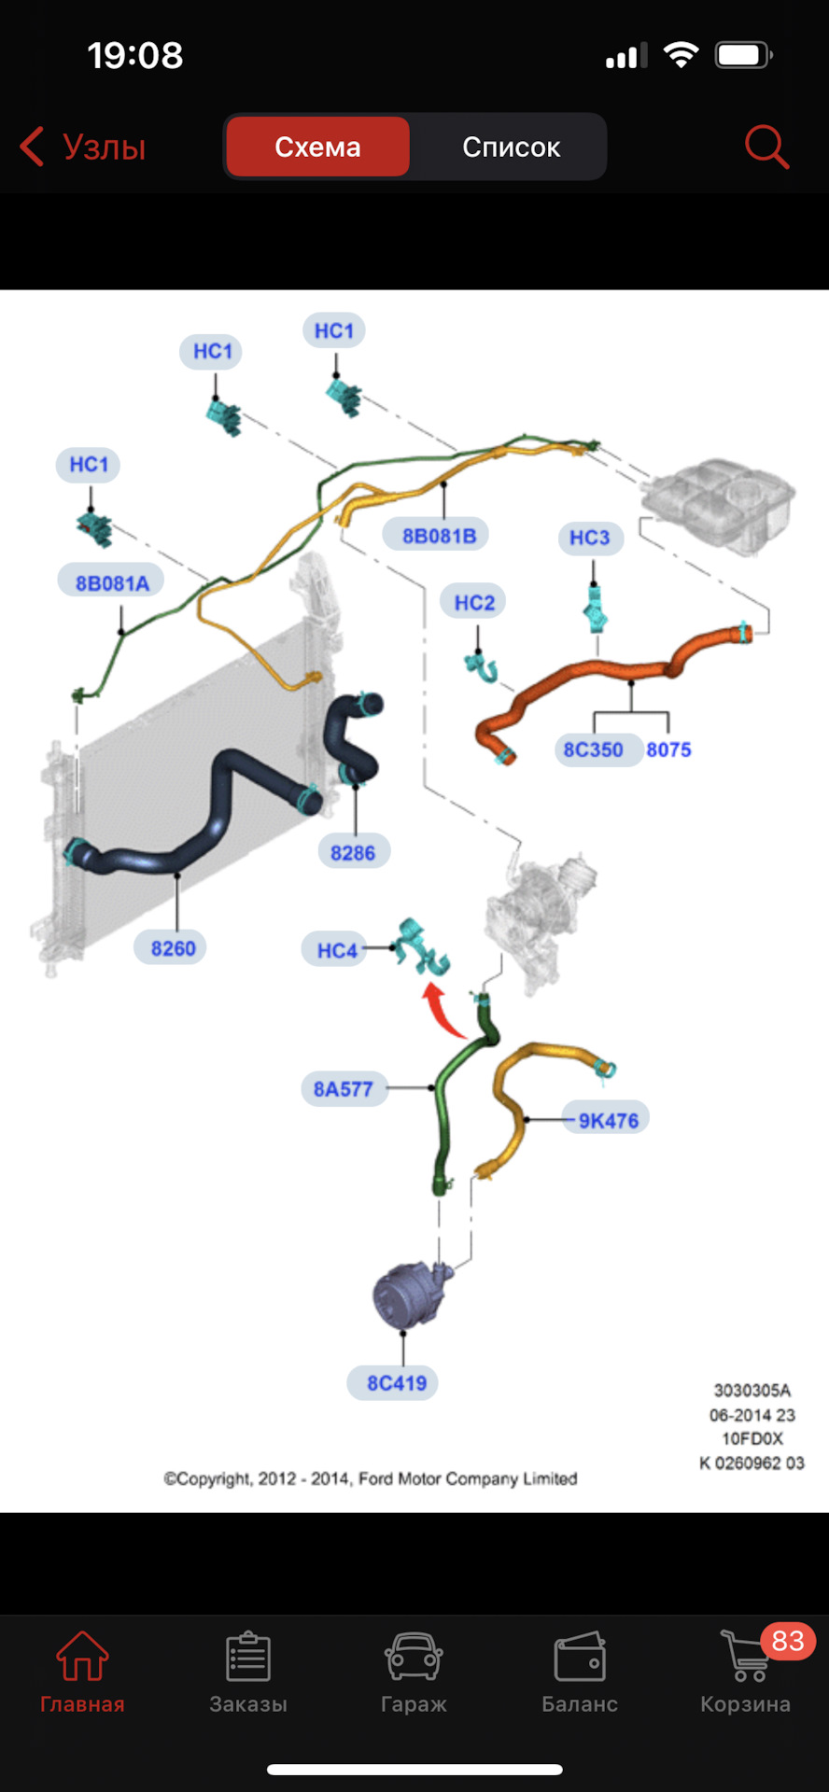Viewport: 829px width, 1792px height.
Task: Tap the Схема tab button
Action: tap(317, 147)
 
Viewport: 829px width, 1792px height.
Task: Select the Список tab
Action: tap(511, 147)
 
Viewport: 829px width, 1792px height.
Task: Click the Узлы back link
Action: tap(83, 147)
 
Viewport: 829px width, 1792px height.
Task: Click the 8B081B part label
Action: tap(439, 536)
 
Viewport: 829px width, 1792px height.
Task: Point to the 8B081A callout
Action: tap(112, 583)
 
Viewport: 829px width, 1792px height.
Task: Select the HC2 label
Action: tap(474, 603)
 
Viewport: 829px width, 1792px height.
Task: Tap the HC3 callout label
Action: tap(590, 538)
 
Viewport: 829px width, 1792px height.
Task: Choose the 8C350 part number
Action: tap(593, 749)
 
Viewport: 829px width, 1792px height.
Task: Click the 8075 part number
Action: tap(668, 749)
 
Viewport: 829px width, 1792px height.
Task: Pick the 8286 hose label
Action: tap(353, 852)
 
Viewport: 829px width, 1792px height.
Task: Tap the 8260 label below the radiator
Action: tap(173, 948)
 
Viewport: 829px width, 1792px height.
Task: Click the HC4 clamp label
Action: tap(337, 950)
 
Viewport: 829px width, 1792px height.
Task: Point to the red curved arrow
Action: tap(441, 1010)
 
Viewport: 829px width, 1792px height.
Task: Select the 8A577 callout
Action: tap(344, 1089)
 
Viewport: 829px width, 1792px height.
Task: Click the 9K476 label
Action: tap(608, 1120)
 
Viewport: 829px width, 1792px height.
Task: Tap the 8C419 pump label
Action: tap(397, 1383)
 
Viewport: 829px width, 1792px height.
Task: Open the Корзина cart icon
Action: tap(746, 1657)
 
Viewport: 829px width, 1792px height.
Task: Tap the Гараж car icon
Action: tap(414, 1657)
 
